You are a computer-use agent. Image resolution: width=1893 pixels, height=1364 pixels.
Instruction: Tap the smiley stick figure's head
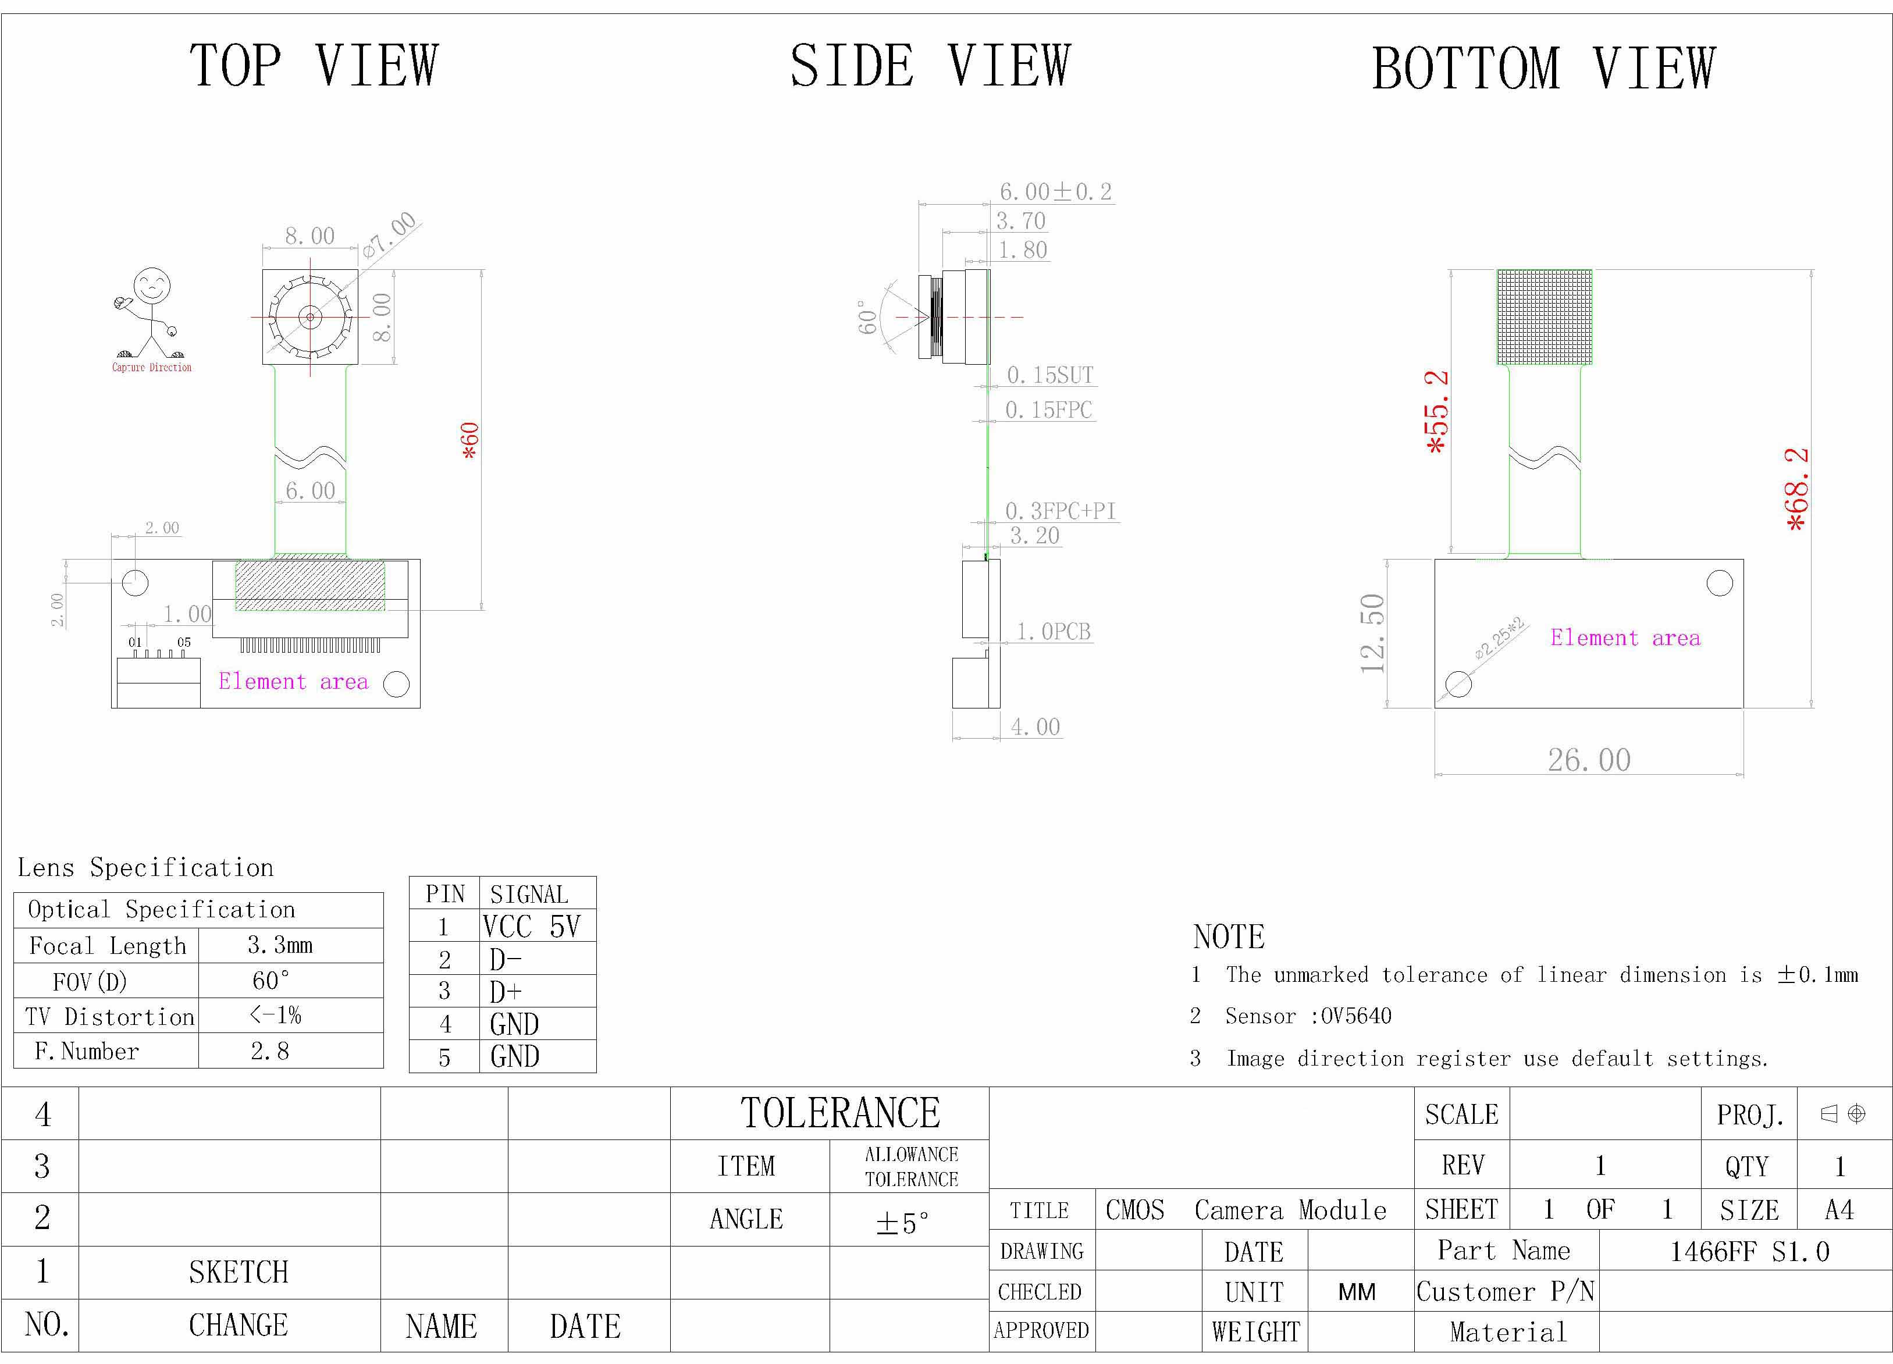[x=152, y=286]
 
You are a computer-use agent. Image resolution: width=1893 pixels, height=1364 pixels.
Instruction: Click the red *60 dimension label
[x=471, y=440]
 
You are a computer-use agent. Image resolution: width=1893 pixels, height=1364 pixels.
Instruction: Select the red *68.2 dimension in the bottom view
[x=1796, y=489]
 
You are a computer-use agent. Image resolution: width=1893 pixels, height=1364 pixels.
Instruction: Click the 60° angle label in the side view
[x=868, y=317]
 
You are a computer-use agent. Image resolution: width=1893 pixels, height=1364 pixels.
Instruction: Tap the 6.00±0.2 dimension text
[x=1056, y=192]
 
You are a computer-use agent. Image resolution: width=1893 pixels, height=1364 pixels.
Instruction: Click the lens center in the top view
[x=311, y=317]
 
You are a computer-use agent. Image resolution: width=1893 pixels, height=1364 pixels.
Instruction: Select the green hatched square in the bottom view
[x=1544, y=316]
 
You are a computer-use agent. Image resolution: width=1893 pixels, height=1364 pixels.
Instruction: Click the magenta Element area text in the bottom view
[x=1625, y=638]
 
